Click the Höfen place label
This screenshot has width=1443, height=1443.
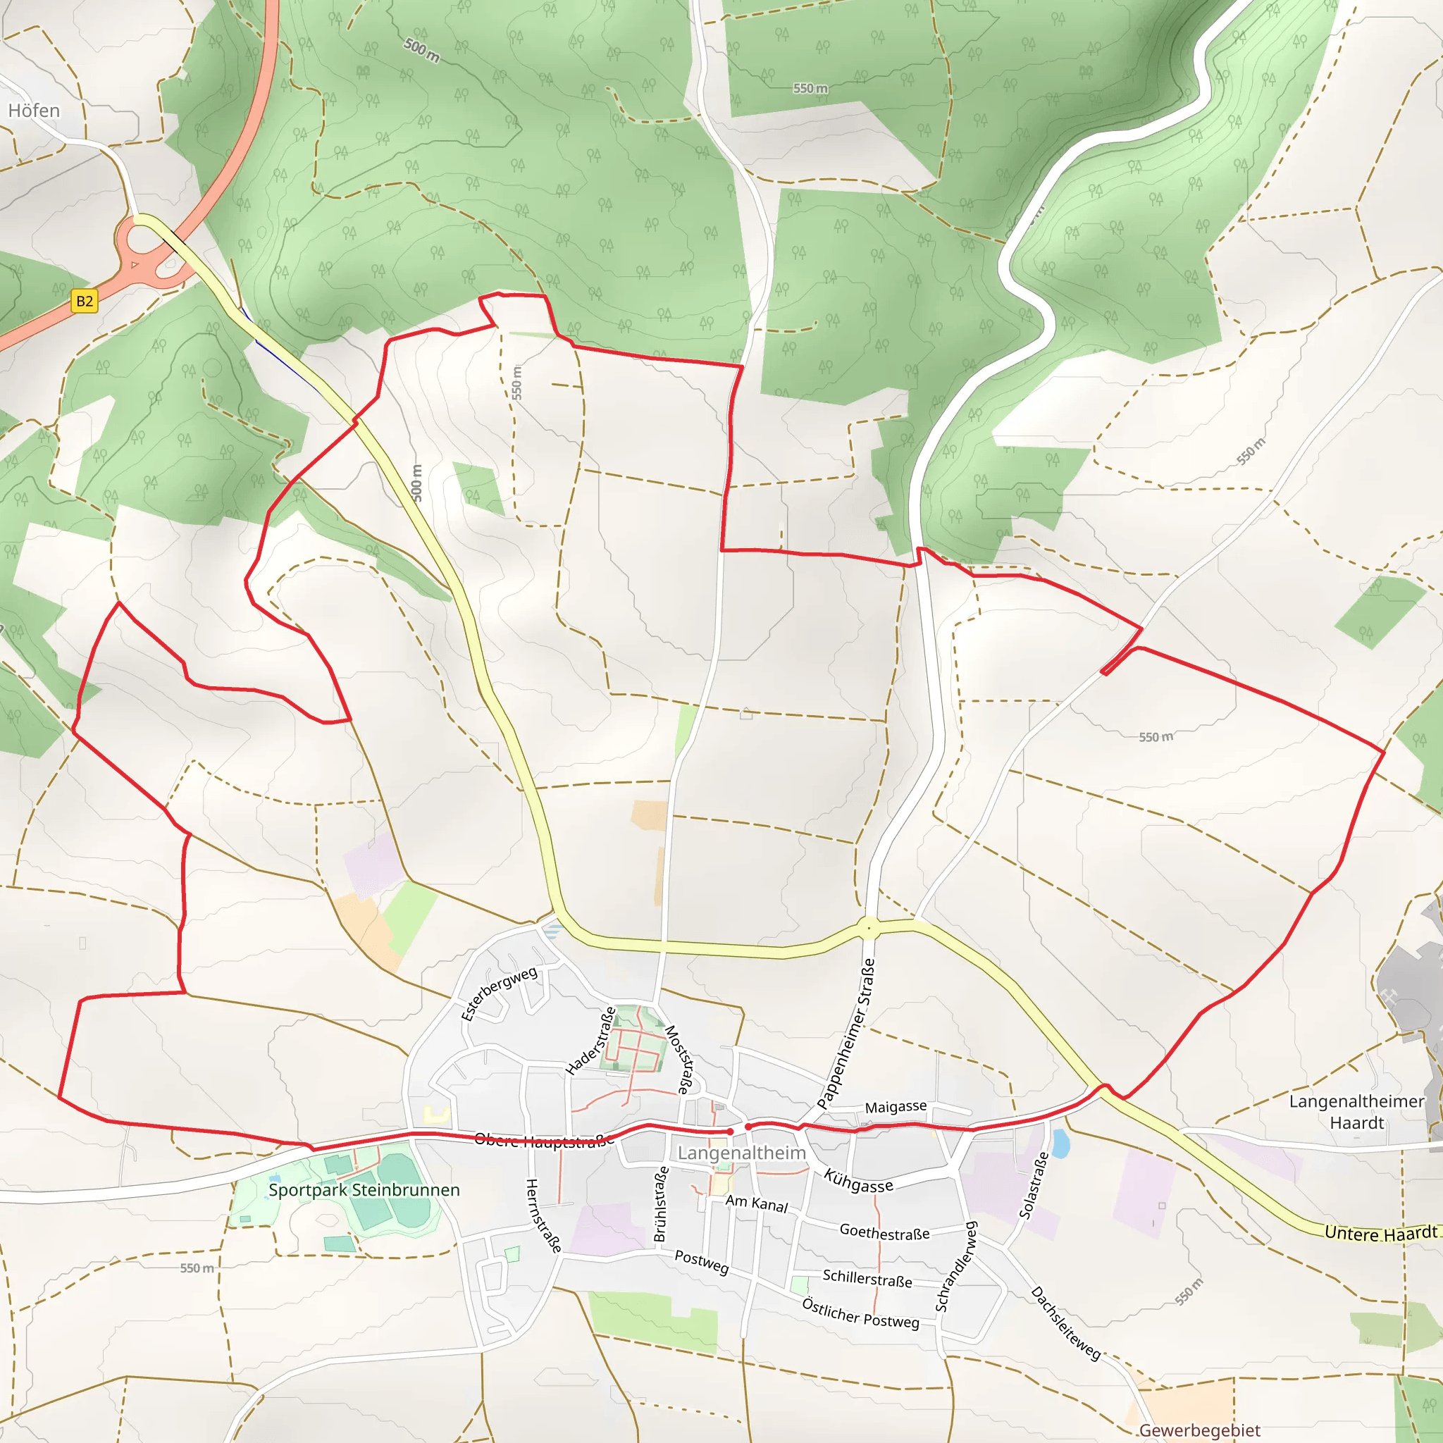[34, 111]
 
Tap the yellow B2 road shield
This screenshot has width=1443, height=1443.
[85, 301]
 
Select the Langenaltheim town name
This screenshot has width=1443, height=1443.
[741, 1153]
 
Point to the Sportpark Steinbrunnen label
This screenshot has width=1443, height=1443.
[364, 1190]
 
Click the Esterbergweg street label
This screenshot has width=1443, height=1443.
[499, 993]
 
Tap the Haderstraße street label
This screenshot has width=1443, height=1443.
[590, 1041]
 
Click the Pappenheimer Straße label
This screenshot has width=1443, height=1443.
[846, 1033]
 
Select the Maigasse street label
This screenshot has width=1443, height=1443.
[896, 1106]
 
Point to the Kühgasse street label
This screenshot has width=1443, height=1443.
[858, 1181]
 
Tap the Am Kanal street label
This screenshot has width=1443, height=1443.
[757, 1203]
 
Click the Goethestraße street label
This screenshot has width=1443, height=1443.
[884, 1232]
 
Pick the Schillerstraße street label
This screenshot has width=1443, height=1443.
[867, 1278]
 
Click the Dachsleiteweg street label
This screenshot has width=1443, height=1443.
[1066, 1323]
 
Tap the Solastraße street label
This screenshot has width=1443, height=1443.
[1034, 1185]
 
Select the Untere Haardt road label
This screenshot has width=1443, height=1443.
[1380, 1233]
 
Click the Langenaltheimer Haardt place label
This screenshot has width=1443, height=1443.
[1356, 1112]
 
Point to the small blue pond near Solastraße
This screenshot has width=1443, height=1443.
[1060, 1142]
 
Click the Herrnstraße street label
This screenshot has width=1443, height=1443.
[543, 1215]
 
